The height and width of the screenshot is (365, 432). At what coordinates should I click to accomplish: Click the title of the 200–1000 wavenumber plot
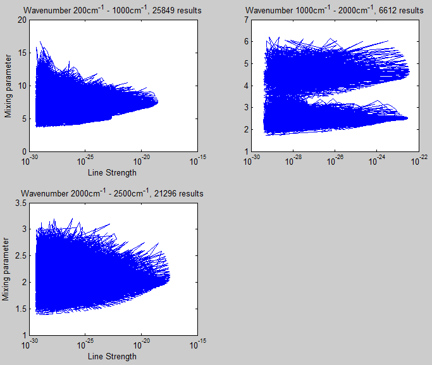click(113, 10)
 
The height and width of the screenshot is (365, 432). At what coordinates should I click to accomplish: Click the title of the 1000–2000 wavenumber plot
click(335, 10)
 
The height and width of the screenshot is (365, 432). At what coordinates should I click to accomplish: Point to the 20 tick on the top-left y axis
click(22, 20)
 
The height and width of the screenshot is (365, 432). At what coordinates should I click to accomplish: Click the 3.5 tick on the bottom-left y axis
click(18, 203)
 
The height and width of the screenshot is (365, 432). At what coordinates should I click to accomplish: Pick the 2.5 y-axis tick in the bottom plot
click(18, 255)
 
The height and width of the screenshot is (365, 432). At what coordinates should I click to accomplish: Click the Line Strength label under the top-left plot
click(112, 172)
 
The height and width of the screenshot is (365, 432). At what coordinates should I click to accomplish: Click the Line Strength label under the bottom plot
click(112, 356)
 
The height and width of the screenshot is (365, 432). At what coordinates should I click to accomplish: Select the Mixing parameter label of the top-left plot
click(8, 86)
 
